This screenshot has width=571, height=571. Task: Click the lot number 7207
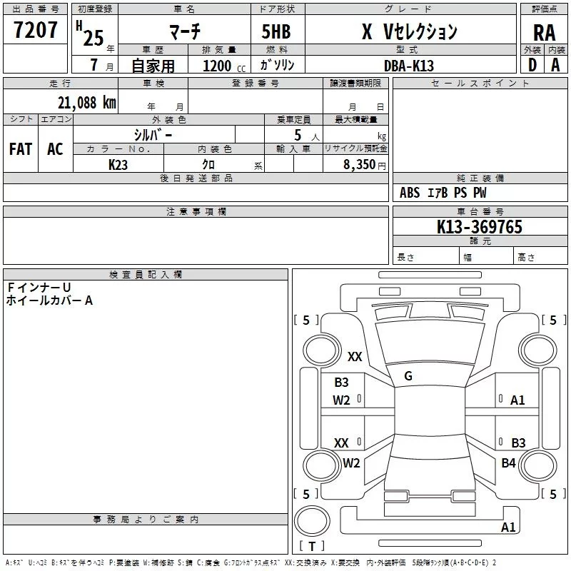(x=36, y=31)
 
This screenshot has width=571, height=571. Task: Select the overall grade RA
(x=544, y=33)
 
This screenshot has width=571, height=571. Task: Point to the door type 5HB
(x=276, y=32)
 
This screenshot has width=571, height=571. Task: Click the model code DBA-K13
(x=408, y=66)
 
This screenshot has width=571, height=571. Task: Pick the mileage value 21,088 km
(x=86, y=102)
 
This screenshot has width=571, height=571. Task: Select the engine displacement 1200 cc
(x=223, y=66)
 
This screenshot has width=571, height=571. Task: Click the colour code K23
(x=118, y=164)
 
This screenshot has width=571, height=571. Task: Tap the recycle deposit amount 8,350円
(x=363, y=164)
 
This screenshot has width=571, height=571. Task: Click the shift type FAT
(x=20, y=149)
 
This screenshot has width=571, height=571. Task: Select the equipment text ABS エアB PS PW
(x=443, y=193)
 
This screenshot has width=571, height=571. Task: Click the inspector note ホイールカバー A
(x=49, y=300)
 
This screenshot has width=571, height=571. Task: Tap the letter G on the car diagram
(x=408, y=376)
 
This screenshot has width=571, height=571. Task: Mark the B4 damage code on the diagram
(x=508, y=463)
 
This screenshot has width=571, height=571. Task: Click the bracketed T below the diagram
(x=312, y=546)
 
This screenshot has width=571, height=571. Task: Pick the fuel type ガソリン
(x=276, y=65)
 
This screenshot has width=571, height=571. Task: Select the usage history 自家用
(x=153, y=66)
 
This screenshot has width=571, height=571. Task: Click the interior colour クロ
(x=209, y=164)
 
